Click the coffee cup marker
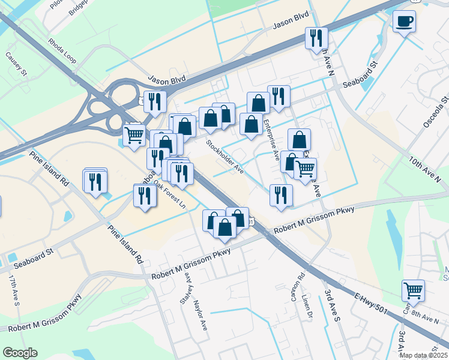pyautogui.click(x=404, y=22)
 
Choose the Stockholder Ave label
pyautogui.click(x=224, y=157)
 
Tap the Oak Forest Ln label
pyautogui.click(x=170, y=194)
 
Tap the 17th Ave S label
pyautogui.click(x=14, y=290)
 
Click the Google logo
pyautogui.click(x=20, y=353)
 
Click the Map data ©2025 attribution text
pyautogui.click(x=423, y=355)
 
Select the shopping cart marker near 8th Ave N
pyautogui.click(x=413, y=290)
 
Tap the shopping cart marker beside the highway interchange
pyautogui.click(x=134, y=134)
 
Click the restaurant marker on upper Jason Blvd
pyautogui.click(x=315, y=38)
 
